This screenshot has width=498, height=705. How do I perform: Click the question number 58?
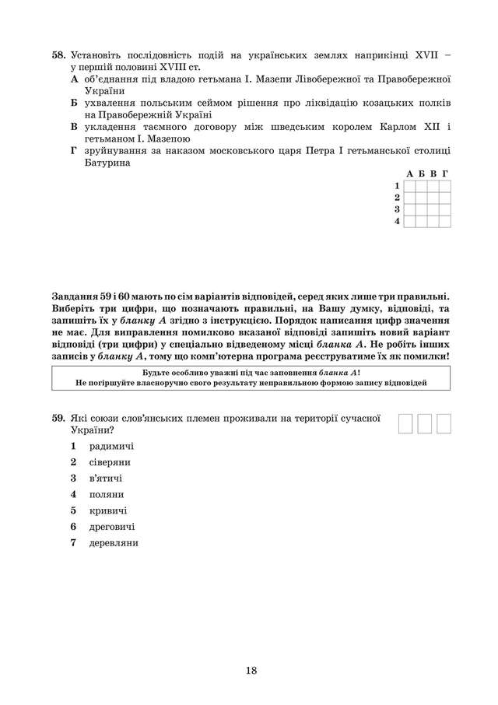coord(58,56)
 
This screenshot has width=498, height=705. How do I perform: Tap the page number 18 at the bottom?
coord(249,671)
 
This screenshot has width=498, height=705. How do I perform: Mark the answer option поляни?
coord(107,494)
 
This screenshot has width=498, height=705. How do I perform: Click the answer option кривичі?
coord(108,510)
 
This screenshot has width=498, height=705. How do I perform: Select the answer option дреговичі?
coord(112,527)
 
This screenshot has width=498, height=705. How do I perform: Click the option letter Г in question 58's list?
coord(73,150)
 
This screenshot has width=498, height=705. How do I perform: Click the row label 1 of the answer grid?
coord(397,186)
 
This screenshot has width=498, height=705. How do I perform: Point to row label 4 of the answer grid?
coord(397,221)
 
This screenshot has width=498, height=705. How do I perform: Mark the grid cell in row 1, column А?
coord(409,186)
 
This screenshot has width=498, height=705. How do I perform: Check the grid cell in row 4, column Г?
coord(445,221)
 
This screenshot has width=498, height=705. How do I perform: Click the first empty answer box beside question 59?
coord(406,423)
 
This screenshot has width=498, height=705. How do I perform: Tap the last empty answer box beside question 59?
coord(444,423)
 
